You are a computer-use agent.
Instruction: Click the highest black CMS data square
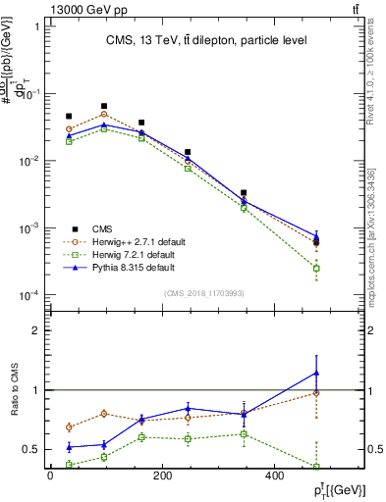click(x=104, y=106)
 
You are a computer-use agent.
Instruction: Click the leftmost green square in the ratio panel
click(x=69, y=465)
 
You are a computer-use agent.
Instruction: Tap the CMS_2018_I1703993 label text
click(x=205, y=293)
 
